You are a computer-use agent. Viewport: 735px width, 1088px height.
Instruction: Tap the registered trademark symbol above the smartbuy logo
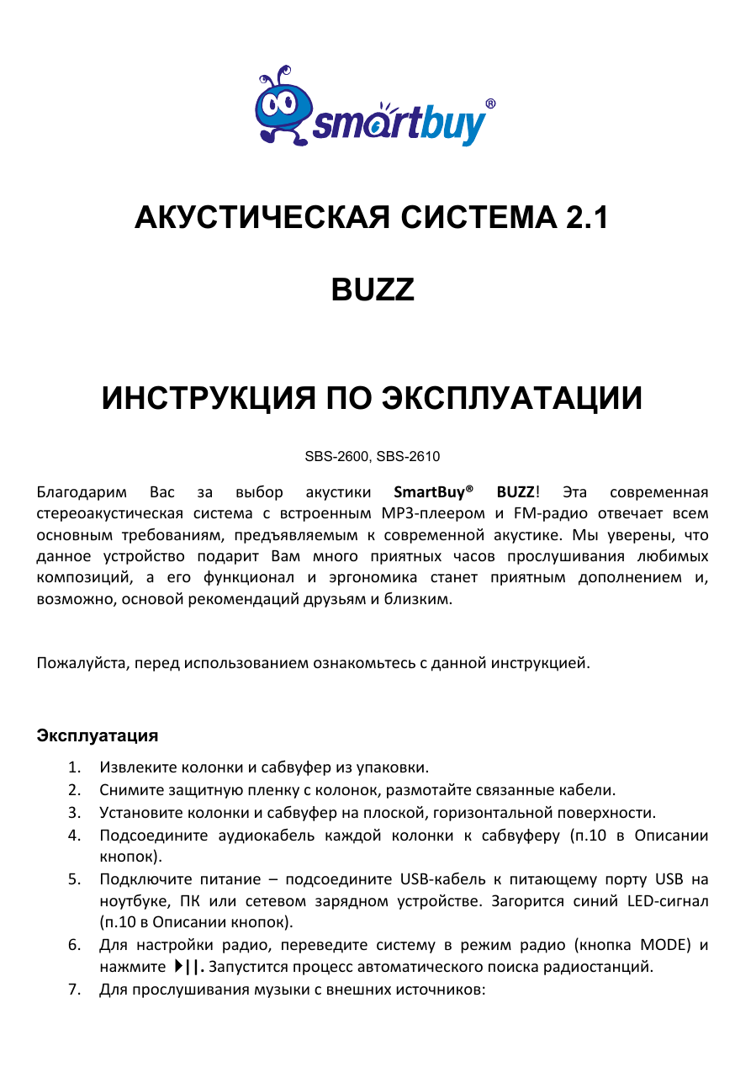point(489,104)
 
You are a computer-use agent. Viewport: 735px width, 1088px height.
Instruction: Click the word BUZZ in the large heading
point(372,290)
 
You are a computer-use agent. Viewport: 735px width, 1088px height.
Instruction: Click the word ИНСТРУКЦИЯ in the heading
point(207,398)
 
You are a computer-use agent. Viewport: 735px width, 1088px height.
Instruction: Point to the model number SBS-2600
point(336,457)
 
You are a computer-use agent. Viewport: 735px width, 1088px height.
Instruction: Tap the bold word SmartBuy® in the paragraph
point(432,491)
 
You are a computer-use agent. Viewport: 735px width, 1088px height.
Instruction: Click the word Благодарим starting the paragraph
point(82,491)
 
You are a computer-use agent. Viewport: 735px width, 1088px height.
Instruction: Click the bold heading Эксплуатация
point(97,735)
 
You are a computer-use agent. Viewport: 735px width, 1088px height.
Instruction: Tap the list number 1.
point(75,767)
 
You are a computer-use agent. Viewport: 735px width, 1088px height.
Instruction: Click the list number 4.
point(75,836)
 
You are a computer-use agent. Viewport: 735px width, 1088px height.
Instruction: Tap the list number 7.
point(75,989)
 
